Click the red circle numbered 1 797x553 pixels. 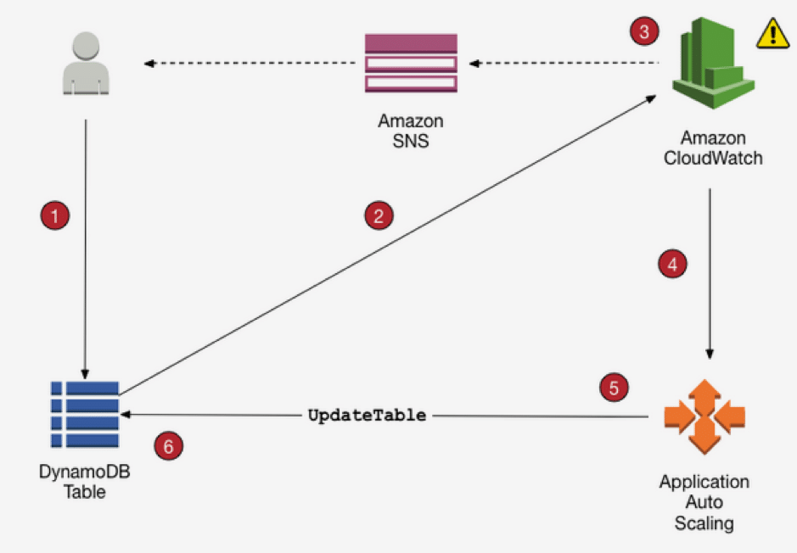[x=55, y=215]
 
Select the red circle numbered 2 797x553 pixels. [x=379, y=215]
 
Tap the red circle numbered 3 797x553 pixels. [x=644, y=32]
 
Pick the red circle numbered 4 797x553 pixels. [x=672, y=263]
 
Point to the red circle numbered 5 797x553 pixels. [x=614, y=388]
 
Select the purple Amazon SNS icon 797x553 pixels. [x=411, y=63]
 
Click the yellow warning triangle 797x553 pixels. [x=772, y=34]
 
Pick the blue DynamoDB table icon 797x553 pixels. [x=84, y=415]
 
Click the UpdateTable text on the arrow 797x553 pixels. [x=366, y=416]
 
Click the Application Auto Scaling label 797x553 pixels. [x=704, y=502]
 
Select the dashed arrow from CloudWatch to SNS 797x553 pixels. [x=564, y=63]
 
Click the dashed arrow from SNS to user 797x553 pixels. [x=250, y=63]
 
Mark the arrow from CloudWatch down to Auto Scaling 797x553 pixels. [x=710, y=271]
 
